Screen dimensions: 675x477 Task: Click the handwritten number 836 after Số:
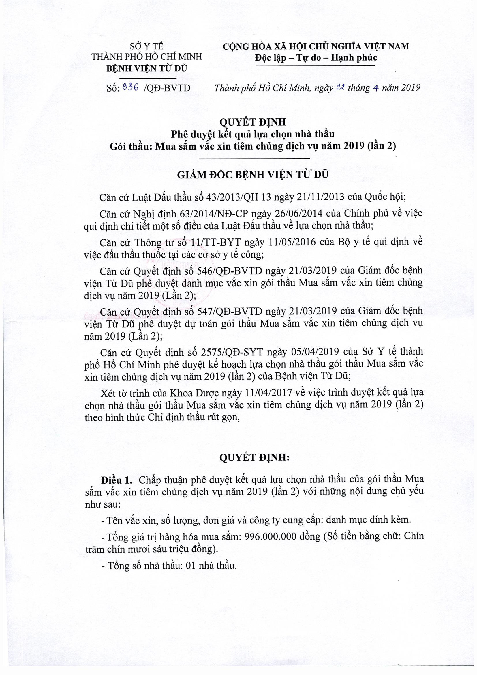point(131,87)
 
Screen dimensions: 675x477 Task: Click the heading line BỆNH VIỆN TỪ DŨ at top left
point(147,68)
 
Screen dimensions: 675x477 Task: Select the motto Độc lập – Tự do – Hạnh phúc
point(316,58)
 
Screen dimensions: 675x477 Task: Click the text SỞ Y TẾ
point(147,46)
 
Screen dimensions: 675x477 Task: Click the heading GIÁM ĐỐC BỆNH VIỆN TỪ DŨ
point(253,175)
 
